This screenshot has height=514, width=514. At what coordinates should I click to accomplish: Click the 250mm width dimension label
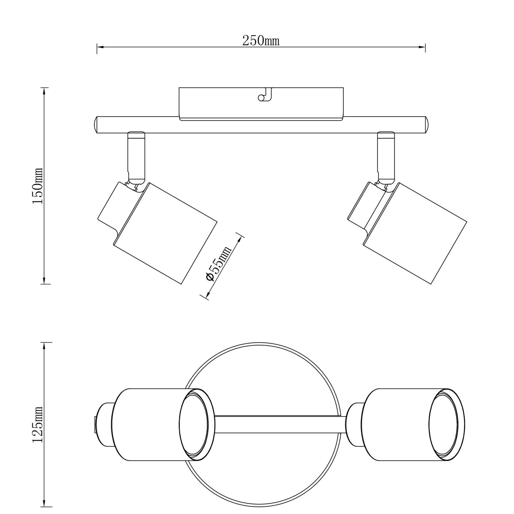261,41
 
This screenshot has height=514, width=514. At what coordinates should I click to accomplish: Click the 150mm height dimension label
38,186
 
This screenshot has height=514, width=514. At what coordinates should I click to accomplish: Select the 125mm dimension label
38,425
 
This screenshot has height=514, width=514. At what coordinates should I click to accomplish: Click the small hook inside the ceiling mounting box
265,96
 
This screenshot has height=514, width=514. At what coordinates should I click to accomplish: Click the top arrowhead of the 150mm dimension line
44,91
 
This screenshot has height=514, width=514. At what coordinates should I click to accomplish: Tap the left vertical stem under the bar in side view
136,157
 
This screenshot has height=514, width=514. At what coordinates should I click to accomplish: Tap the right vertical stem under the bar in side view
386,157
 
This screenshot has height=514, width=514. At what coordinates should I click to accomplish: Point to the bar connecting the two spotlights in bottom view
279,425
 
